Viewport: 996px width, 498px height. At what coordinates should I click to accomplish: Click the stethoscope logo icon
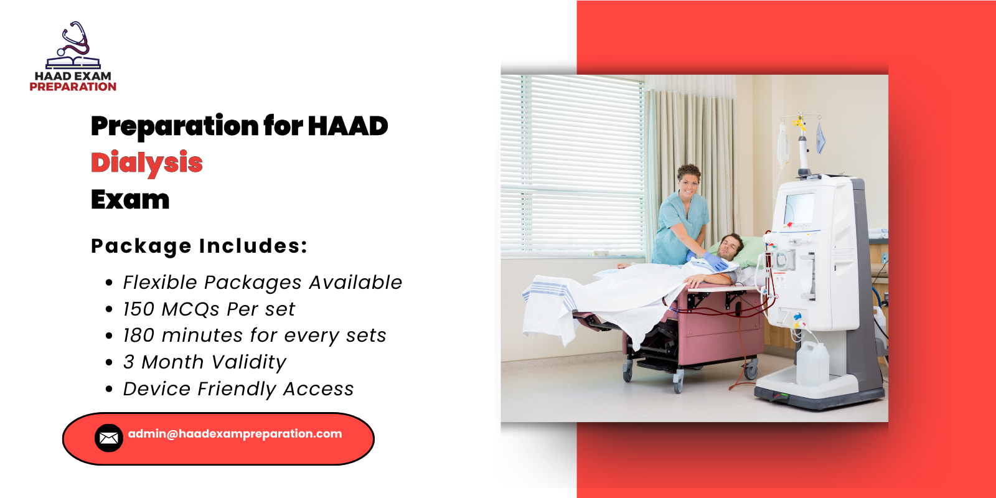pos(73,46)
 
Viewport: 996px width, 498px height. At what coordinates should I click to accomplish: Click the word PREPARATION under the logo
pos(73,87)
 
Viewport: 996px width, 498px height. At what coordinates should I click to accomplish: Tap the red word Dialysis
pos(147,162)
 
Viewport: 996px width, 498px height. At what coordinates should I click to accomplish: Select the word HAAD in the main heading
pos(348,126)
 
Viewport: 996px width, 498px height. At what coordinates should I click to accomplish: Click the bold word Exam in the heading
pos(130,199)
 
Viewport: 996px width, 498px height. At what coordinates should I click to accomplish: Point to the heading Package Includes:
pos(199,246)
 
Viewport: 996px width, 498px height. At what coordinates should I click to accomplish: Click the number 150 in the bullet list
pos(138,309)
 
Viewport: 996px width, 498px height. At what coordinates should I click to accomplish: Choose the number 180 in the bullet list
pos(138,336)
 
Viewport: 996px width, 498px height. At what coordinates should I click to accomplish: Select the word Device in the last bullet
pos(157,389)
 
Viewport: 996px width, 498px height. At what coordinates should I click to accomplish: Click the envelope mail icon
pos(108,438)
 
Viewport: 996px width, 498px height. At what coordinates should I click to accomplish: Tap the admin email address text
pos(235,434)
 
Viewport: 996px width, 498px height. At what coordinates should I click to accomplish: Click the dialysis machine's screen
pos(799,209)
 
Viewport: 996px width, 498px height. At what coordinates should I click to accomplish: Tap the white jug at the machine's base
pos(812,364)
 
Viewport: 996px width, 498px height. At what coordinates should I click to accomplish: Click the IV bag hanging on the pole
pos(783,144)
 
